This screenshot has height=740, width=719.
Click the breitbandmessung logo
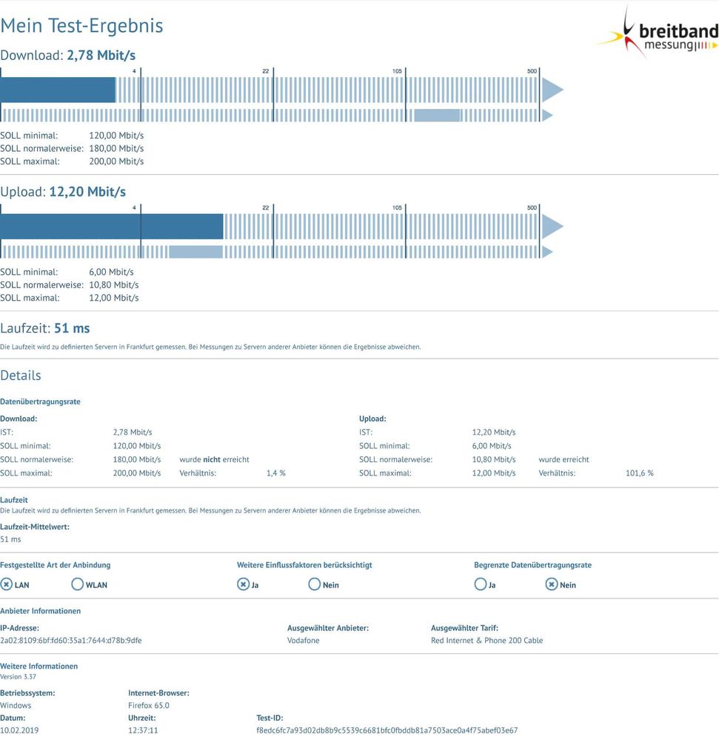(658, 32)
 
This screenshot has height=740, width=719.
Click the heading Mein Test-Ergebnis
(81, 25)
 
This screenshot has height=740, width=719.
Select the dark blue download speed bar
(58, 90)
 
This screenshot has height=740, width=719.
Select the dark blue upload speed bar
(111, 227)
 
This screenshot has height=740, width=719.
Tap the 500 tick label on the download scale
(532, 71)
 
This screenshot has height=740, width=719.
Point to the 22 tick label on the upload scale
(266, 207)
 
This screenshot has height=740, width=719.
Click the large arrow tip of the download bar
(564, 90)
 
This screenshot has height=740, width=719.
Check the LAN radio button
(6, 584)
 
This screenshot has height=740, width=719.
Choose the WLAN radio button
(77, 584)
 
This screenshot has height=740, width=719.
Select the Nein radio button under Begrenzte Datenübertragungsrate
(552, 584)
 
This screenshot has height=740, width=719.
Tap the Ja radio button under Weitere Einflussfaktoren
(243, 584)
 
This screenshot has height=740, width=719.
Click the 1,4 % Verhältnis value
(276, 473)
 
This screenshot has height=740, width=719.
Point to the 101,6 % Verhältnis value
(639, 473)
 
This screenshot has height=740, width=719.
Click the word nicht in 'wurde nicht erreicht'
(212, 459)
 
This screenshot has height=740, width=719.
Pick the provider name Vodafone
(304, 641)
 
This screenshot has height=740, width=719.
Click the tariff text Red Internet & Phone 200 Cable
(487, 641)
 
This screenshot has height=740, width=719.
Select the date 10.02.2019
(19, 730)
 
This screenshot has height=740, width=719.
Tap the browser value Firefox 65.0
(149, 705)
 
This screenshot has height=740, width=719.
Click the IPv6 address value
(71, 641)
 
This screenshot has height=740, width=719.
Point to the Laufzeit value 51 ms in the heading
(72, 328)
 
